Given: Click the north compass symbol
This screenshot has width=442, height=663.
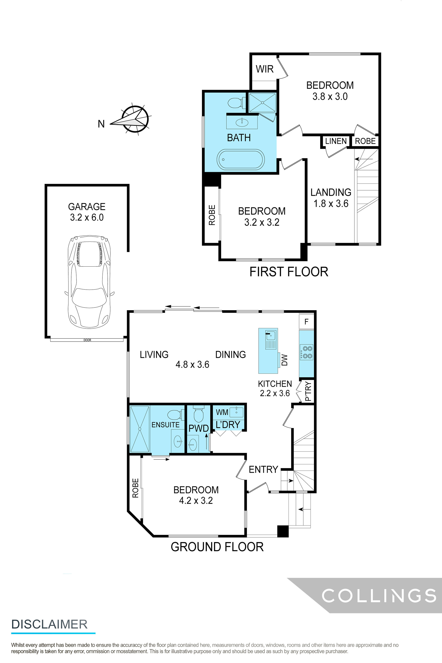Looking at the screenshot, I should click(135, 119).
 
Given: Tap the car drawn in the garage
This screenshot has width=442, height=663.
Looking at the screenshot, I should click(89, 282).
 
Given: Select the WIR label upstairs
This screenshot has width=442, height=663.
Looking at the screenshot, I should click(264, 69).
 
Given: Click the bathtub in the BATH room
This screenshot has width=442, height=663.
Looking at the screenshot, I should click(241, 159).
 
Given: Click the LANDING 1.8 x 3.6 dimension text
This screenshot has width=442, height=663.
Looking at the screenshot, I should click(331, 204).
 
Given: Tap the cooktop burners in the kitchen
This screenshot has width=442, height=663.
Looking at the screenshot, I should click(307, 352).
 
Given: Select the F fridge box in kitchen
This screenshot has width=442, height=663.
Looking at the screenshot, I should click(306, 322).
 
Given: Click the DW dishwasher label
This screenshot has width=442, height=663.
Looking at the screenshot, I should click(284, 360).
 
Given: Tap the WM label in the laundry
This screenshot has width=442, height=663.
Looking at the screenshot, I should click(222, 412).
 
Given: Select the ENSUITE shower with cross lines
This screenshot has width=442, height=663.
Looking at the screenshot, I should click(140, 429).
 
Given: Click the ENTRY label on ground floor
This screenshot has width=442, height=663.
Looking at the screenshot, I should click(263, 469).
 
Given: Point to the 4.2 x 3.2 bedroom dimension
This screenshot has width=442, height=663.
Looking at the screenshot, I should click(196, 500).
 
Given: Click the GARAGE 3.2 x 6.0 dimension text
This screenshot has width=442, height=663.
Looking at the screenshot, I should click(87, 217).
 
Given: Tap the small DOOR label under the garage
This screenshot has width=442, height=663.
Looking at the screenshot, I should click(87, 340).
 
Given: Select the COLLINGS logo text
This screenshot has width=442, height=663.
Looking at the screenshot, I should click(379, 596).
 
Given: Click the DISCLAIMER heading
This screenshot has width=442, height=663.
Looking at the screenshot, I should click(50, 624).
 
